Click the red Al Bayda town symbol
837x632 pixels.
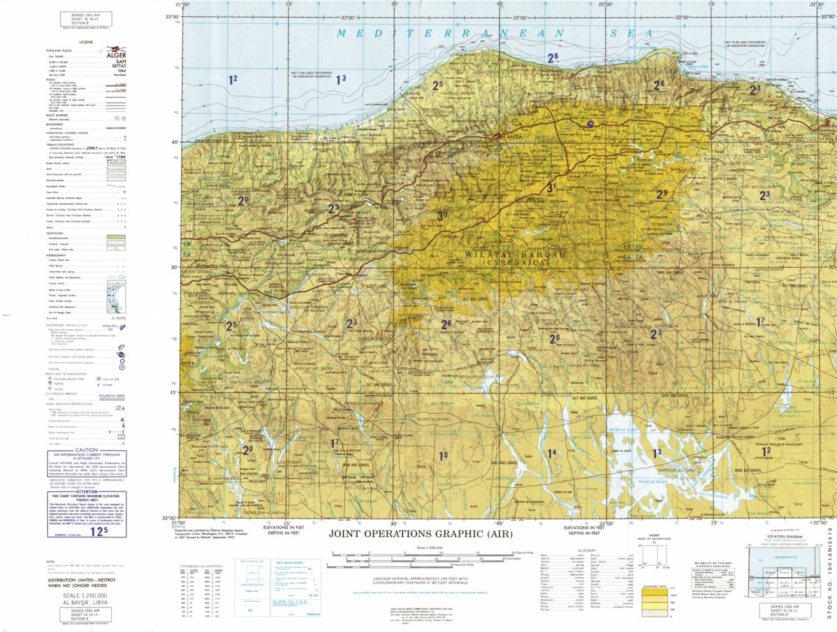tap(497, 136)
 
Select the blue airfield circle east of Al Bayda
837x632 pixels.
tap(591, 124)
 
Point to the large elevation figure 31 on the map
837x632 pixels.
tap(551, 187)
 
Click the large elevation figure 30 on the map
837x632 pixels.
tap(442, 216)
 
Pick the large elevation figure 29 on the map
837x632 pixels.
tap(662, 194)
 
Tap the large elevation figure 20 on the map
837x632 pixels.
tap(243, 201)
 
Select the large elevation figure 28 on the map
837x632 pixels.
tap(446, 324)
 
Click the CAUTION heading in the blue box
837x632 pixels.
tap(87, 450)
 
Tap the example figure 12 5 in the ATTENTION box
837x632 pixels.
tap(100, 531)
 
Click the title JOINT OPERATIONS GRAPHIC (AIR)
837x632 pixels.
tap(421, 534)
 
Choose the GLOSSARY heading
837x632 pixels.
tap(587, 551)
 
